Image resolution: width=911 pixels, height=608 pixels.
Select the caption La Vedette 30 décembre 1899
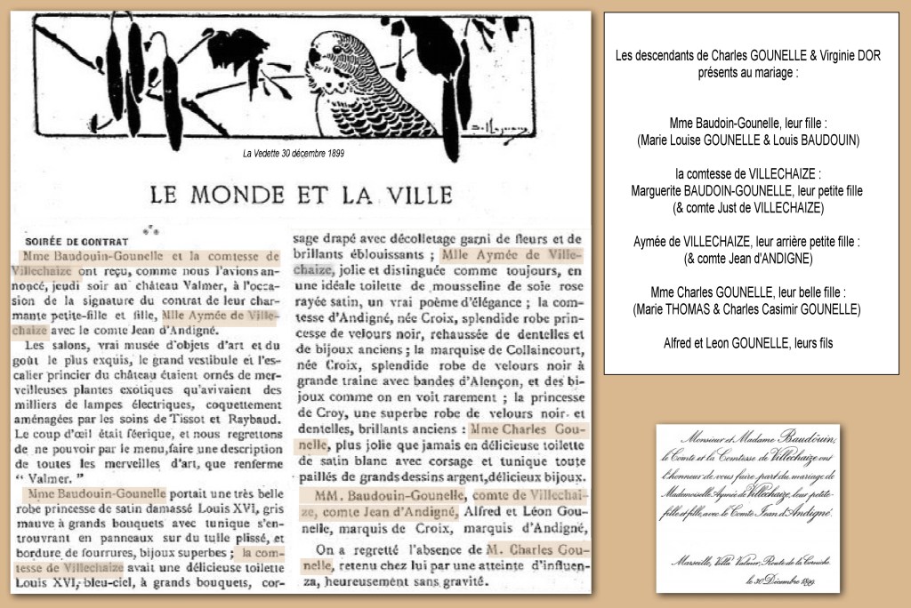pos(294,153)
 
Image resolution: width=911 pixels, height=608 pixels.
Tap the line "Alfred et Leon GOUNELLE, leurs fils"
pos(748,343)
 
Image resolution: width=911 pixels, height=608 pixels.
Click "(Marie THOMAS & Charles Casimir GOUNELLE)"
pos(747,308)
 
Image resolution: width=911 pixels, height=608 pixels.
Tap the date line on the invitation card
pos(783,580)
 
